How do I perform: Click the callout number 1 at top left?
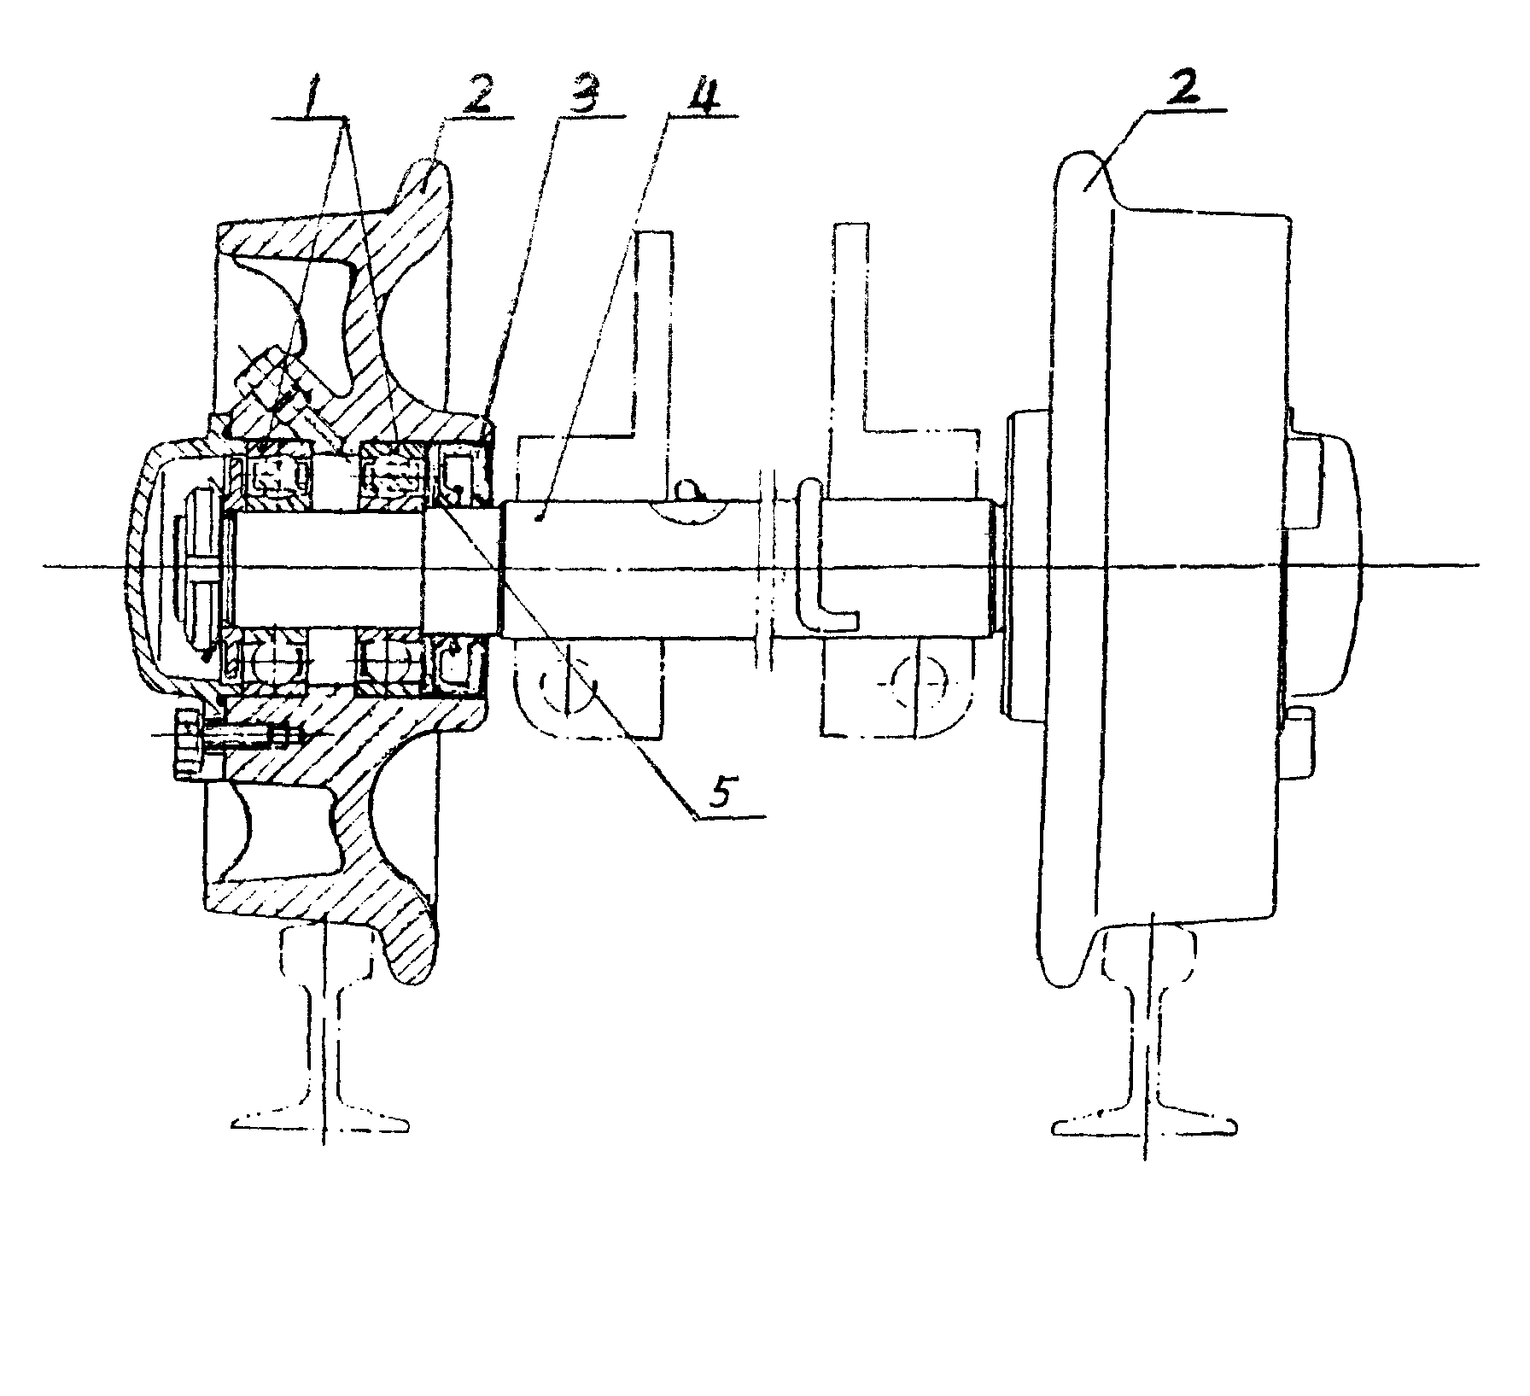tap(314, 99)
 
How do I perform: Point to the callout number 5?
tap(720, 793)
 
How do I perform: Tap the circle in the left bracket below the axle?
tap(570, 683)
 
